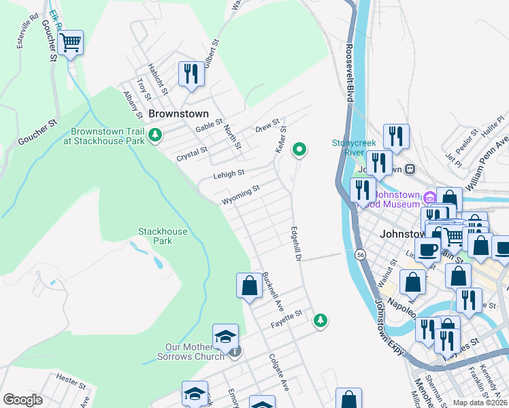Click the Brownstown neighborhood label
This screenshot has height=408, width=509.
coord(178,114)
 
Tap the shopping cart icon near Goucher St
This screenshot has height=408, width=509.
coord(70,44)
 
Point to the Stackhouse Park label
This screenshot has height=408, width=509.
coord(163,236)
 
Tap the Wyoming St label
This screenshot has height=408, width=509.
coord(240,194)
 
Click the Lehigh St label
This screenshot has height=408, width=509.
coord(228,175)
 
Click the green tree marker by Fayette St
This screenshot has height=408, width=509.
coord(320,319)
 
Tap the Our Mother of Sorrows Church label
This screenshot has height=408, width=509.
coord(191,352)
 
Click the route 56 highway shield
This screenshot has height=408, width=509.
coord(360,254)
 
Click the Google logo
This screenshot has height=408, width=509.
coord(22,400)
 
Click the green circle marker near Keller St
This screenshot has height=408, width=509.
coord(299,149)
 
